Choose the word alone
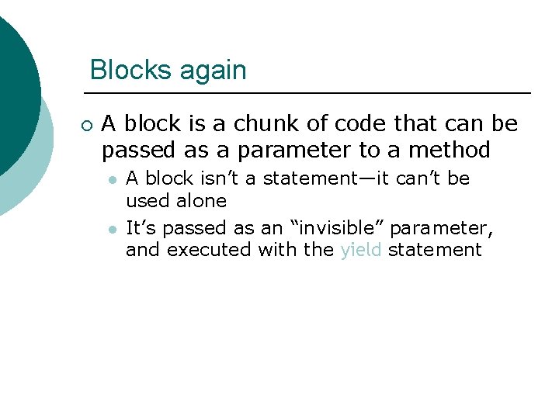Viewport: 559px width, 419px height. click(x=201, y=201)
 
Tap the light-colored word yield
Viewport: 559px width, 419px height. click(x=361, y=250)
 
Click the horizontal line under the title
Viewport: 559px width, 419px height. click(x=311, y=94)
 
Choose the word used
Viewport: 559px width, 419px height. click(x=148, y=201)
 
